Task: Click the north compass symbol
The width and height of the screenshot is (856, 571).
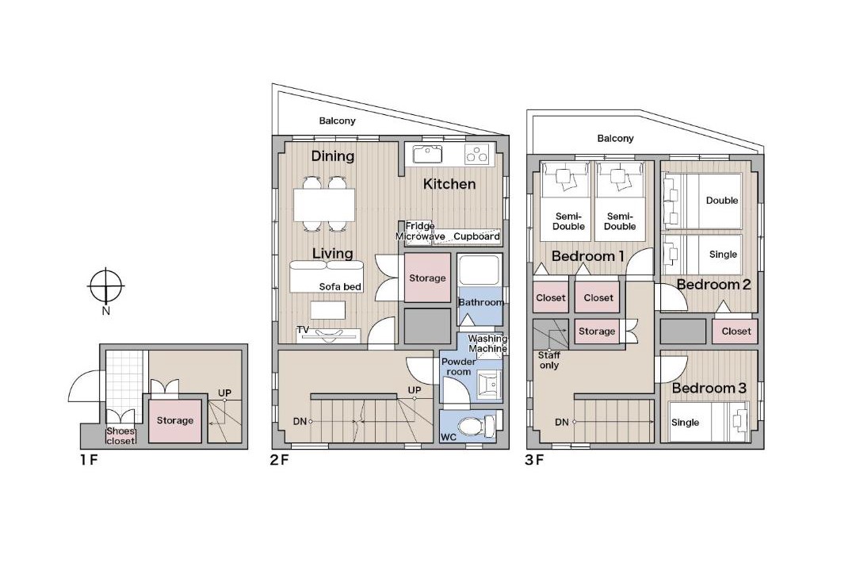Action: coord(106,285)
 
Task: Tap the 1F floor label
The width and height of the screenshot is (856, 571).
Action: coord(89,460)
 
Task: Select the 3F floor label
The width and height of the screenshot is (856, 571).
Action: coord(534,460)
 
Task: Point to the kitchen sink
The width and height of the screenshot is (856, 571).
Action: coord(427,155)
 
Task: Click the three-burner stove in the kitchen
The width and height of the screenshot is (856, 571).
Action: coord(476,155)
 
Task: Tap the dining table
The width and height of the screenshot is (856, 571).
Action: coord(324,205)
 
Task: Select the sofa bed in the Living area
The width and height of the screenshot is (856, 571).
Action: coord(327,277)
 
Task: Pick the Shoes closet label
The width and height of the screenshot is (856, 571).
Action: coord(120,436)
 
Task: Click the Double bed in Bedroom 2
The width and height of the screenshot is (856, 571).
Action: coord(702,201)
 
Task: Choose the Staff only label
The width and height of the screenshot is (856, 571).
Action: coord(549,360)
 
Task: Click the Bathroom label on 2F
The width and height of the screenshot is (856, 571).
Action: coord(481,302)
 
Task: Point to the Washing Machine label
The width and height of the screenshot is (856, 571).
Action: coord(487,343)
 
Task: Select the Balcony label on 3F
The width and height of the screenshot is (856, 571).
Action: coord(615,139)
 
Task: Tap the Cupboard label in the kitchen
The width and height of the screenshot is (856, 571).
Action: coord(476,236)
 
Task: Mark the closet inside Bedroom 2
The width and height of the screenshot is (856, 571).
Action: coord(736,331)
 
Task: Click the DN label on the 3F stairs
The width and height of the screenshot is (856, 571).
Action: coord(562,422)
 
